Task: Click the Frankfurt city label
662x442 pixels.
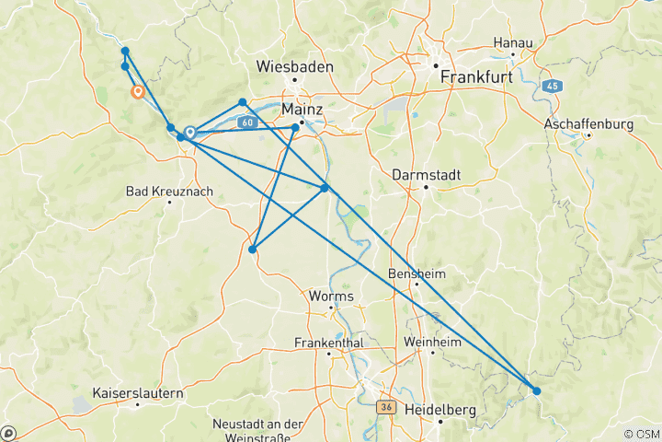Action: pos(476,78)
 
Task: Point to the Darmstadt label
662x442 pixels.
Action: pos(424,174)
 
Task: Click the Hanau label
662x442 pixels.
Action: pos(513,43)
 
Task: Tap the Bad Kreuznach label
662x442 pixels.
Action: pos(169,191)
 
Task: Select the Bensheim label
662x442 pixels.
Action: pos(417,273)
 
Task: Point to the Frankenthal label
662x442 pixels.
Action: pos(329,343)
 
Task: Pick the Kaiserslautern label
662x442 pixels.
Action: pos(138,393)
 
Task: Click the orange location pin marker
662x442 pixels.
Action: pos(137,91)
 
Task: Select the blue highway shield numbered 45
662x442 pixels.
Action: pos(552,86)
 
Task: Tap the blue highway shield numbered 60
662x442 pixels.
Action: pos(245,122)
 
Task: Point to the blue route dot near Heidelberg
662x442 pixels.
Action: pos(537,390)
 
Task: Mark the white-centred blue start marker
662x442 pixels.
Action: pos(189,133)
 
